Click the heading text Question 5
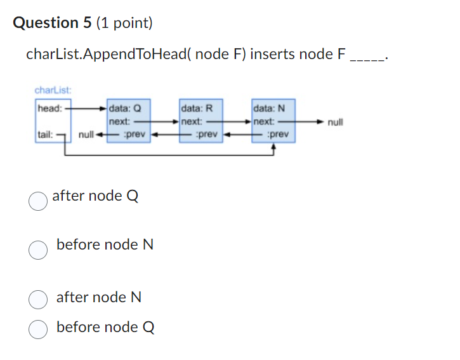(x=53, y=23)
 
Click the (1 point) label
(x=125, y=23)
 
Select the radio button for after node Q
(x=38, y=201)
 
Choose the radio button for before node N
(x=38, y=250)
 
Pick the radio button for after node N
(x=38, y=298)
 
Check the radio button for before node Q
(x=38, y=329)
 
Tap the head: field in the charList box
(x=49, y=108)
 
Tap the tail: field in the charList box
(x=46, y=135)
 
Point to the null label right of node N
(x=336, y=122)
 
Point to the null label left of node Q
(x=86, y=135)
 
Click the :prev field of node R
(x=206, y=135)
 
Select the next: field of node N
(x=264, y=121)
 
